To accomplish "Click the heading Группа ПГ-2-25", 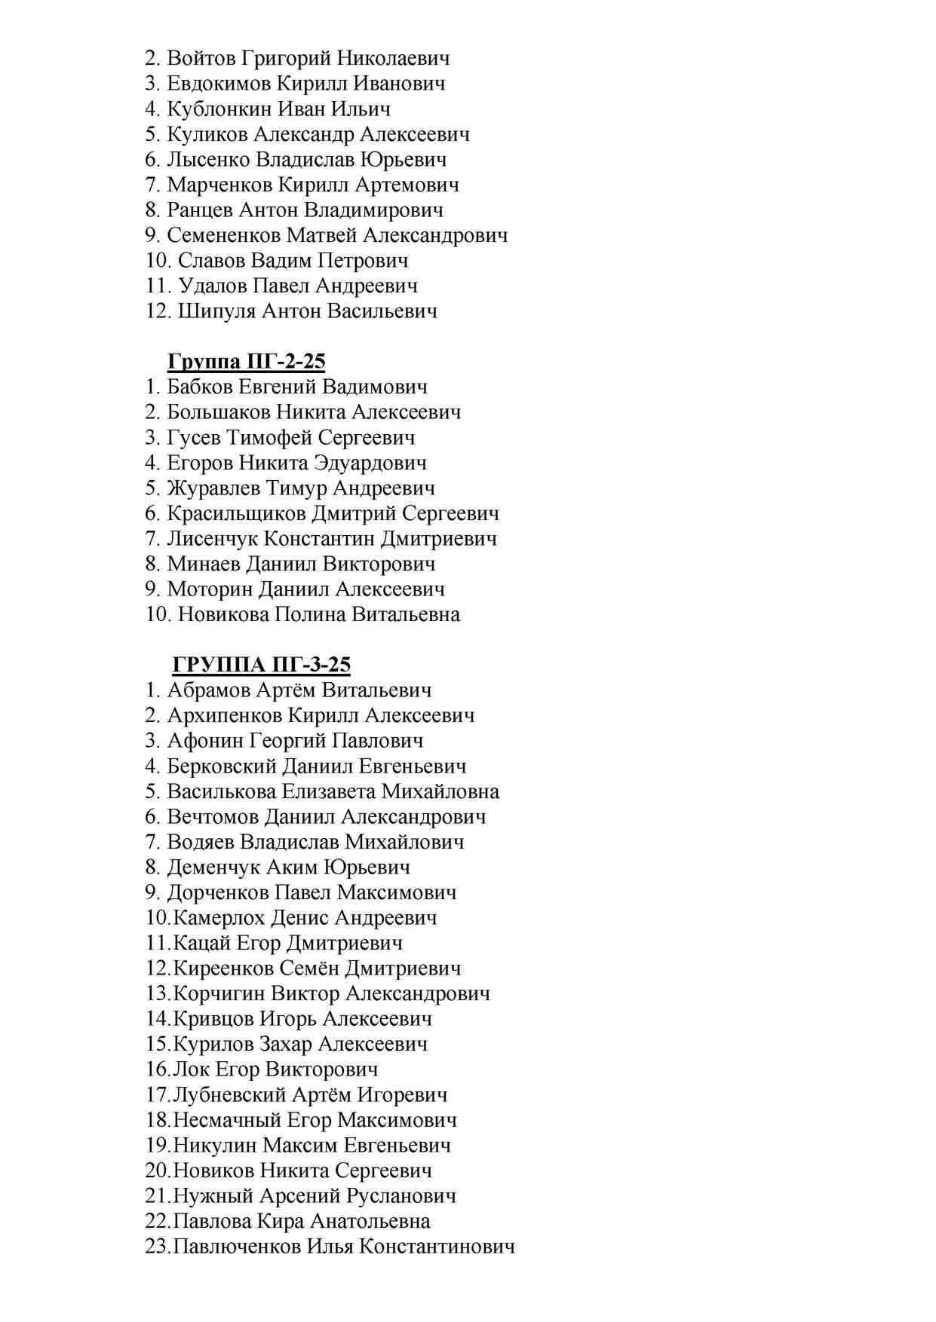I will tap(246, 362).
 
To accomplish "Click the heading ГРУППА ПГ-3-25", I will tap(261, 665).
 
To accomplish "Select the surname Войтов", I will tap(201, 58).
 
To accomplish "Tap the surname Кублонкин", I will tap(219, 109).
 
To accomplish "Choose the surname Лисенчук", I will tap(211, 539).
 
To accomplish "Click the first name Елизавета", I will tap(328, 791).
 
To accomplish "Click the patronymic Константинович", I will tap(437, 1247).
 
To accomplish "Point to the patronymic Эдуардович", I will tap(370, 463).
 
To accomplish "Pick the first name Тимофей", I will tap(269, 438).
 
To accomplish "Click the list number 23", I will tap(157, 1247).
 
